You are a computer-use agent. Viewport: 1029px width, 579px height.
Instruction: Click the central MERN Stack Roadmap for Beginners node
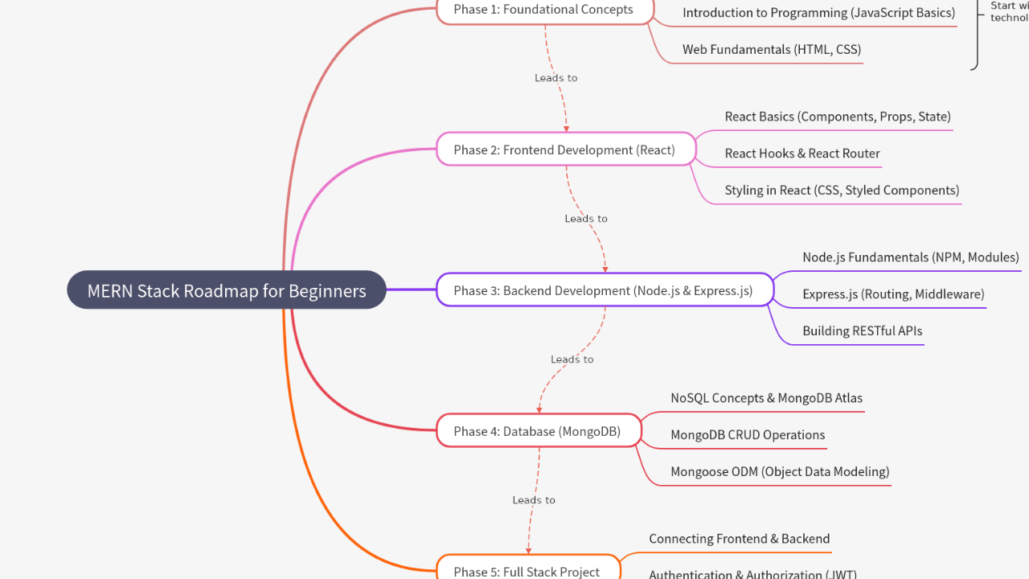click(226, 290)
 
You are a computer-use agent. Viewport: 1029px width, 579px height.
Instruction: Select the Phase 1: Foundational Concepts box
click(543, 10)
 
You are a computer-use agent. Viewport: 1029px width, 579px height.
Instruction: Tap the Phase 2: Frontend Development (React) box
click(564, 150)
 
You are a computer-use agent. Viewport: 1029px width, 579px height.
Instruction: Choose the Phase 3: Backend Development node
click(604, 290)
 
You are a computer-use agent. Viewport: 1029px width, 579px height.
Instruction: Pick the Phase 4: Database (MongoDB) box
click(538, 431)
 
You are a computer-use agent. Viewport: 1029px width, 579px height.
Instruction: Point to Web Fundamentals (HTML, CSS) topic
click(771, 49)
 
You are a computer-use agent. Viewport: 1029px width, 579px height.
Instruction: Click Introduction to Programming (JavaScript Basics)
click(818, 13)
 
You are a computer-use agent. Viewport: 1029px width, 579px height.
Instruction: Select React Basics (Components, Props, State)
click(837, 117)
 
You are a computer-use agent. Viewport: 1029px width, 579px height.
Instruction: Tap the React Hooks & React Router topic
click(801, 154)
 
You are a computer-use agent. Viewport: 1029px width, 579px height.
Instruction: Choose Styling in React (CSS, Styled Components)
click(841, 191)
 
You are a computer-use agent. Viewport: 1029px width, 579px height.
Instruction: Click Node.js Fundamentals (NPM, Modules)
click(910, 257)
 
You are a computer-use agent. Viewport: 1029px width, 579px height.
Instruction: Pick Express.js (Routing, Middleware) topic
click(892, 294)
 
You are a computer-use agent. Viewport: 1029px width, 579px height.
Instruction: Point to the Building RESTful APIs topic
click(862, 331)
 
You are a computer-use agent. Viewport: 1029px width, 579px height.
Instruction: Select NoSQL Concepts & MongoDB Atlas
click(766, 398)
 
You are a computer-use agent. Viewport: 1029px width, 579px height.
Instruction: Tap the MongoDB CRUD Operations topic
click(747, 435)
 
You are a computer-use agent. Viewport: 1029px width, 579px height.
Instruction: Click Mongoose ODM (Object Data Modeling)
click(779, 471)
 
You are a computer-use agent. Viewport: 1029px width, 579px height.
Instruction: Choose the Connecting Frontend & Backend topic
click(739, 539)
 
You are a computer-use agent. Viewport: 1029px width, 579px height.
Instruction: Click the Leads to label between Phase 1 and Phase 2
click(555, 78)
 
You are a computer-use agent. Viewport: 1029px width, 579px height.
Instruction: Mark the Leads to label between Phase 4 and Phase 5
click(534, 500)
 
